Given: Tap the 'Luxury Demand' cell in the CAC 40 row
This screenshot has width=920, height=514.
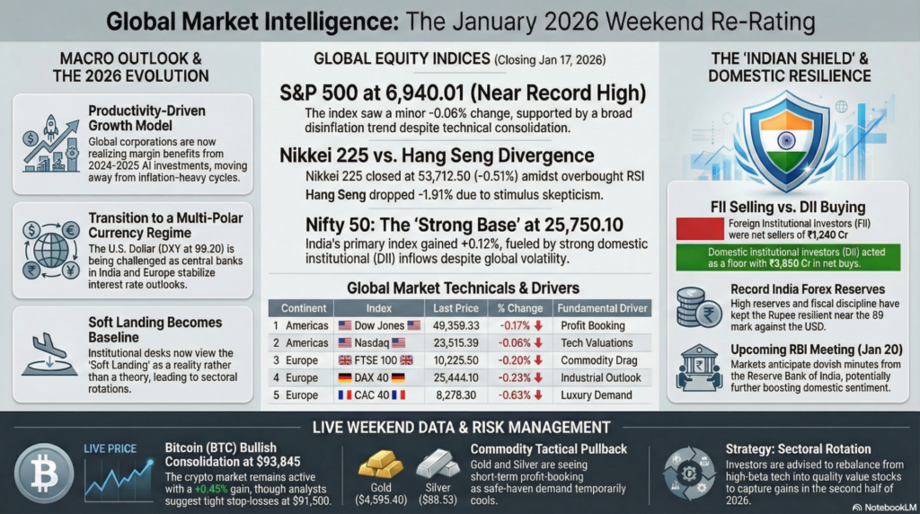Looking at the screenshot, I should (x=596, y=394).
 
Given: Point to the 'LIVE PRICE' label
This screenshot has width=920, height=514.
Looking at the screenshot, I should (x=110, y=447).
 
